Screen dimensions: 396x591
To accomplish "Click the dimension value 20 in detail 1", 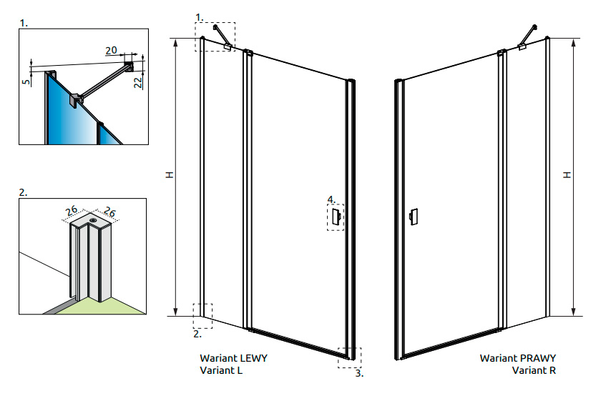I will coord(111,50).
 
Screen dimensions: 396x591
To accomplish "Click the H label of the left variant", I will coord(169,174).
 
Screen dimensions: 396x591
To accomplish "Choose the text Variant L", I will coord(222,370).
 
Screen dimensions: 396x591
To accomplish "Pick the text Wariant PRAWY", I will coord(517,358).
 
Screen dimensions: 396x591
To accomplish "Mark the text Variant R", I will coord(533,370).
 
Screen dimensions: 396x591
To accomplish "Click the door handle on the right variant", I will coord(413,217).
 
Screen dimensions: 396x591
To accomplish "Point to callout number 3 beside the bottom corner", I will coord(358,373).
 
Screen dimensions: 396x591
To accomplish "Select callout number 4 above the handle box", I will coord(330,199).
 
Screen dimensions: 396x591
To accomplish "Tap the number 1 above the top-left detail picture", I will coord(24,23).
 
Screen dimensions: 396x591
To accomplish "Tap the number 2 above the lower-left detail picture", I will coord(24,192).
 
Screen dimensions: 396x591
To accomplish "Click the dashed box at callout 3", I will coord(351,357).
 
